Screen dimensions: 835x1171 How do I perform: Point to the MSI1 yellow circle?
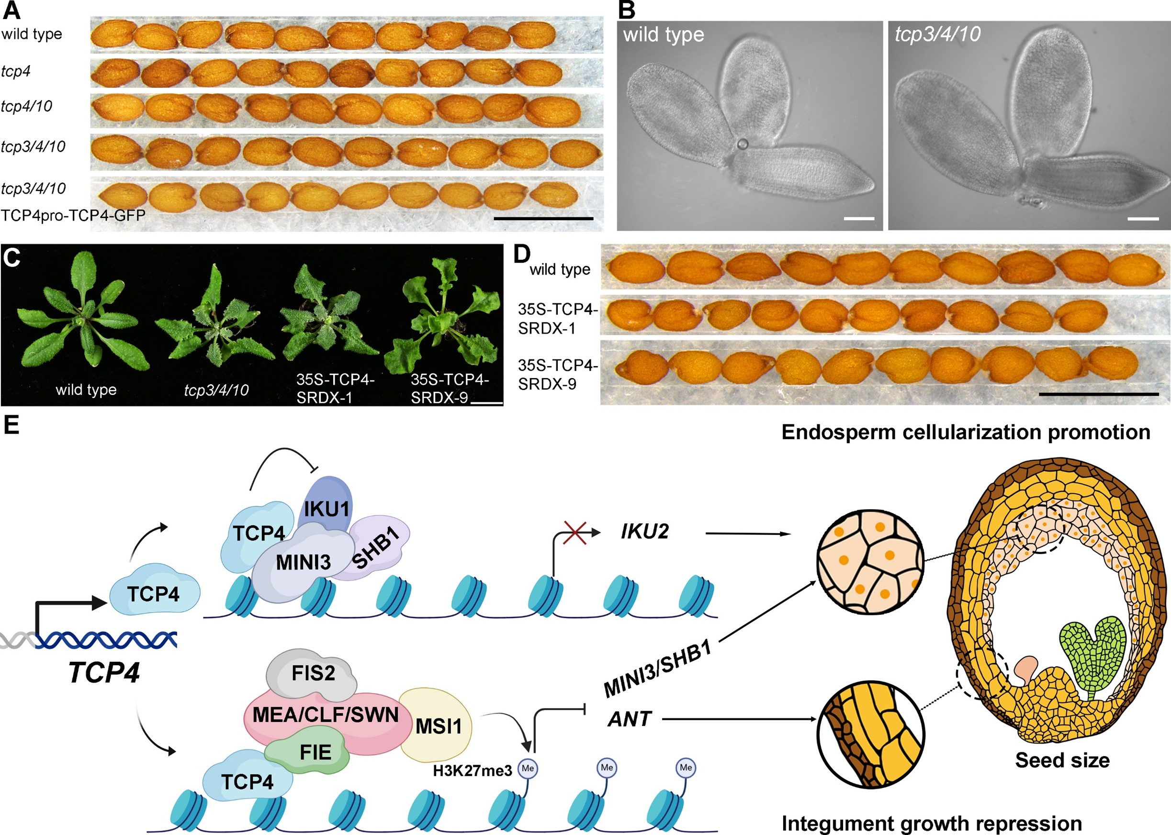point(438,726)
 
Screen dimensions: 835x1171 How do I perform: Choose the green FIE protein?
point(314,752)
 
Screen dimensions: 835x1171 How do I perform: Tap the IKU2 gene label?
point(644,532)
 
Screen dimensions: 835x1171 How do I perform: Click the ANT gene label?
point(630,719)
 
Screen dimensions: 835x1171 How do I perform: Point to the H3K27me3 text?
point(472,771)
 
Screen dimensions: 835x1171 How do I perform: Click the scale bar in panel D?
point(1099,394)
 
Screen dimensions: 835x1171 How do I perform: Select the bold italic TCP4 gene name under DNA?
point(104,672)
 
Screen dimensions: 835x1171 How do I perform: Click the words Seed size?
point(1062,760)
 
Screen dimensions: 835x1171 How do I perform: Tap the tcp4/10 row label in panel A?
point(27,106)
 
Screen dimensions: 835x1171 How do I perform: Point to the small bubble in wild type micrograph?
point(742,144)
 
